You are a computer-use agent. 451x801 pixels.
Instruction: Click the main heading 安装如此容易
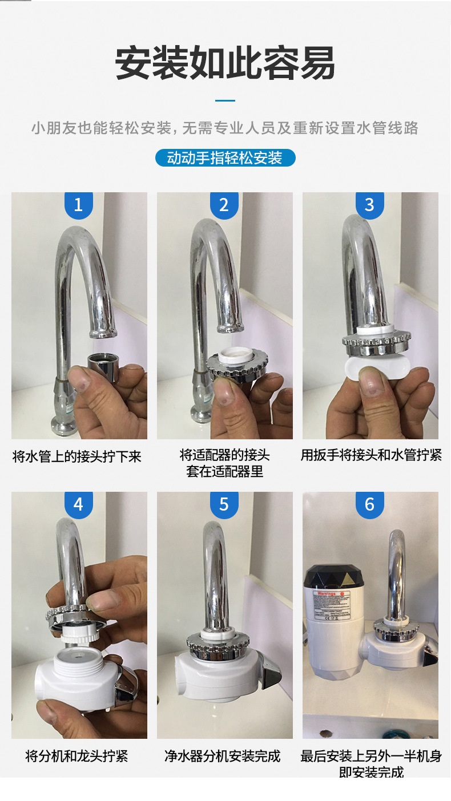225,63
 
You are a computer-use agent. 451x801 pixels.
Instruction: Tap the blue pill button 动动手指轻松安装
225,158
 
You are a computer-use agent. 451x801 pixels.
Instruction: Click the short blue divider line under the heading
225,100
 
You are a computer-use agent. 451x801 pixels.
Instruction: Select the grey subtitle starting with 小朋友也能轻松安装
225,128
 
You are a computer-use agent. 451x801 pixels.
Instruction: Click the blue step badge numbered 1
79,205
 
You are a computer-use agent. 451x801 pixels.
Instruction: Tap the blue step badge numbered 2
224,205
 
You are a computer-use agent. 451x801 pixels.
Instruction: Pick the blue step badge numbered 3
369,205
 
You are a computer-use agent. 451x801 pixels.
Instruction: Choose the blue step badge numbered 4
79,504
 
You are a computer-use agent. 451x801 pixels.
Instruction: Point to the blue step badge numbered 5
224,504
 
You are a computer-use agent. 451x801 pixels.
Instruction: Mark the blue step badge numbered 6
369,504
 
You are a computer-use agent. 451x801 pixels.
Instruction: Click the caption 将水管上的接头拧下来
77,456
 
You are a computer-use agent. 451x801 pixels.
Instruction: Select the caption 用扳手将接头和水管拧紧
371,455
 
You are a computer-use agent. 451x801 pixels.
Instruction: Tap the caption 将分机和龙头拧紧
77,756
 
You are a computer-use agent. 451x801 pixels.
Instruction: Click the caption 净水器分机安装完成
223,756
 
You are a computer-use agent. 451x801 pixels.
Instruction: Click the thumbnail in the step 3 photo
374,388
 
